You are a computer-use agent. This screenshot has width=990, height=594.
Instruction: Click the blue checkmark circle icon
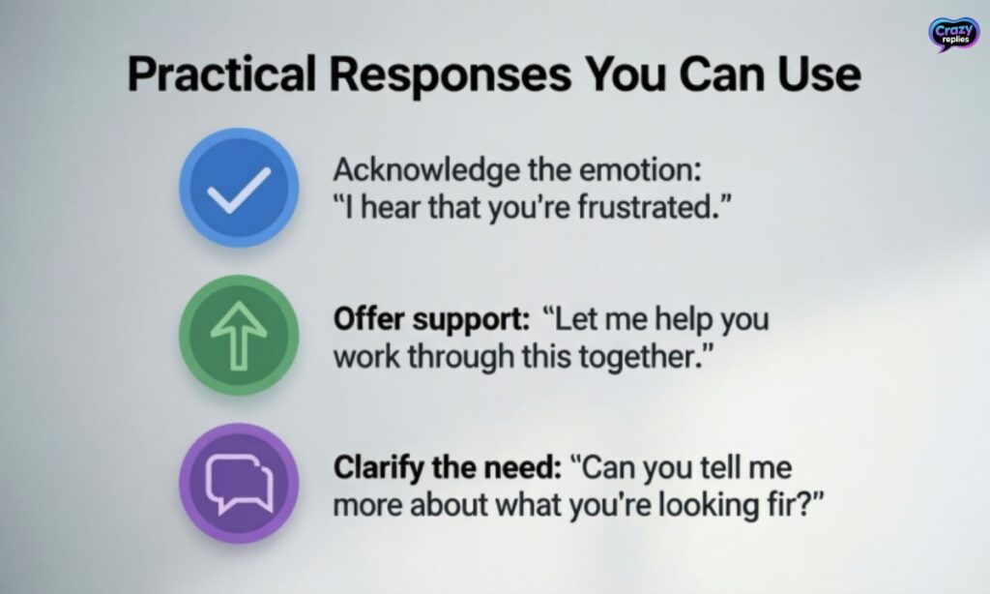(239, 188)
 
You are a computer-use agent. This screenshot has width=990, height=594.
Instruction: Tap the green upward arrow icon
(238, 335)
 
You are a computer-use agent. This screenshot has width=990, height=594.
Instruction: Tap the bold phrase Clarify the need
(447, 468)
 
